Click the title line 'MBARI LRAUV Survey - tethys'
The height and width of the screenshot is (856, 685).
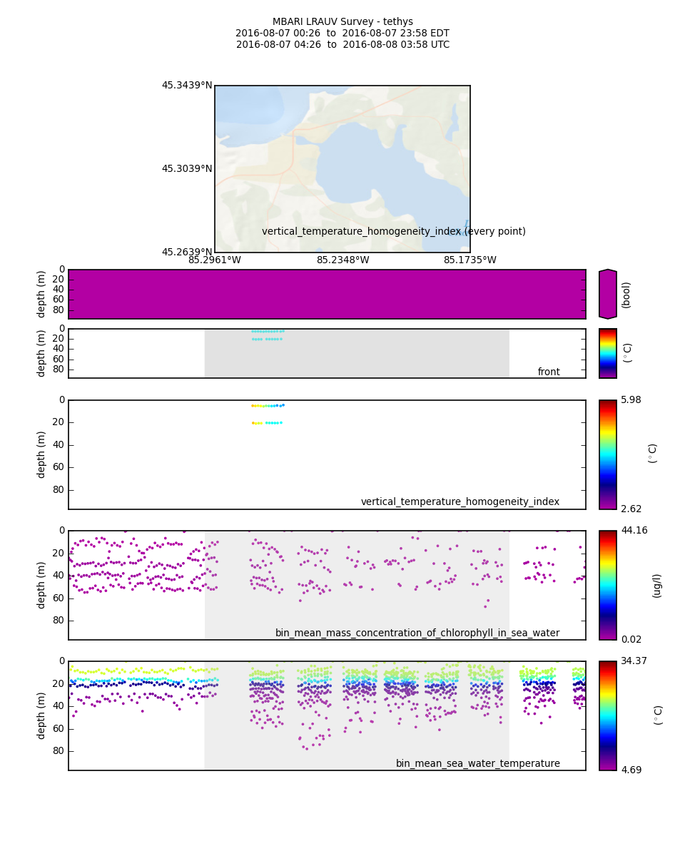click(x=342, y=22)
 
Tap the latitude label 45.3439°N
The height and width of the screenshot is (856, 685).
click(x=187, y=86)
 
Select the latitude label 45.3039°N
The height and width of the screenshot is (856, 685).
click(x=187, y=169)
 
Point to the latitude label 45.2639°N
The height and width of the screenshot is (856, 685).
click(x=187, y=252)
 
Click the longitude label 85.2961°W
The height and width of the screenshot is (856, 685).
click(x=215, y=260)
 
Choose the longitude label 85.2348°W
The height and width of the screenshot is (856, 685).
click(x=342, y=260)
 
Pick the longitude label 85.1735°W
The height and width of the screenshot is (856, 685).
click(x=470, y=260)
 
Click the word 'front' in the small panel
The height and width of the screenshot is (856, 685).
click(x=549, y=372)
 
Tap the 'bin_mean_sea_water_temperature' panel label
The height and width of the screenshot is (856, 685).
click(x=478, y=763)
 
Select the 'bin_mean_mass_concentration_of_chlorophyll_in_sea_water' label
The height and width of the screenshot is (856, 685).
click(x=417, y=633)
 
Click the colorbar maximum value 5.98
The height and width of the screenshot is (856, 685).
click(x=631, y=400)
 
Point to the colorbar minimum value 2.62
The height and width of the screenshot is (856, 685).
click(x=631, y=509)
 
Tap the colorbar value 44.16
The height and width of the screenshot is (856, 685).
click(x=634, y=531)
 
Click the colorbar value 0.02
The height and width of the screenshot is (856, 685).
click(x=631, y=639)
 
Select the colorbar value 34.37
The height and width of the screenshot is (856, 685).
click(x=634, y=661)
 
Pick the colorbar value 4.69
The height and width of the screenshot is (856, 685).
click(x=631, y=770)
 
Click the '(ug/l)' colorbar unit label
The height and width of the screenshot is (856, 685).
click(x=656, y=585)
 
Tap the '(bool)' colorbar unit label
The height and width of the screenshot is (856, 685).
click(x=626, y=294)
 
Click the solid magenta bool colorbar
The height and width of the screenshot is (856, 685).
click(x=607, y=294)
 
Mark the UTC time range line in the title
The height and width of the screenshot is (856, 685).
click(x=342, y=45)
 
